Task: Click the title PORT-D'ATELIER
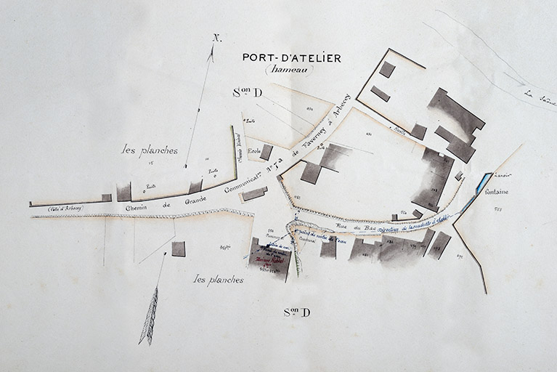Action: (290, 57)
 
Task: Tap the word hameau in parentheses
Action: (290, 70)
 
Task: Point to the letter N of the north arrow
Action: (217, 38)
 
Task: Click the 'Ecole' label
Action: (253, 151)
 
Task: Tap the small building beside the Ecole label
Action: (267, 152)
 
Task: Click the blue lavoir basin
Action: (481, 184)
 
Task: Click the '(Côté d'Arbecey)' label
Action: (65, 208)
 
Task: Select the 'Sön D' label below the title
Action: (246, 92)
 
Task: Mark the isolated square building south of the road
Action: (178, 248)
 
